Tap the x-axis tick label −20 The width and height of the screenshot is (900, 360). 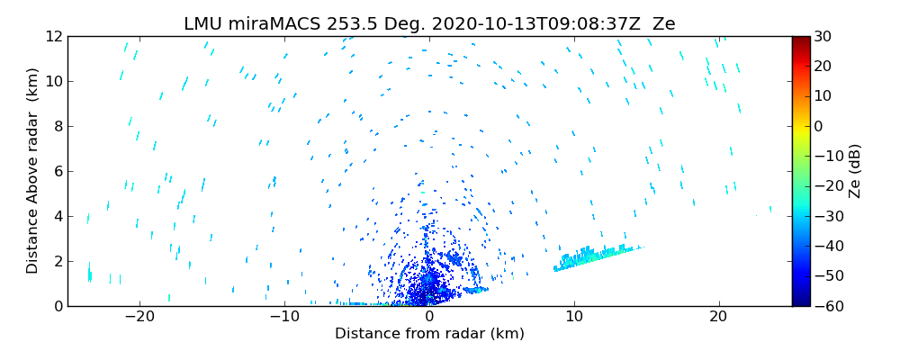[x=139, y=317]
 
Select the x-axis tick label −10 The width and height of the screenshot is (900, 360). [x=284, y=317]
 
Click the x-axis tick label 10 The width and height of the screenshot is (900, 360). [x=574, y=317]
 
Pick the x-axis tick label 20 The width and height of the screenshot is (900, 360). [x=718, y=317]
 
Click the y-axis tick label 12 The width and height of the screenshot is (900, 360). [x=53, y=36]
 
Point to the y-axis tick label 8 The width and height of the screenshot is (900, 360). [x=57, y=126]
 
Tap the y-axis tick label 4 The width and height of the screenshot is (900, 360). [x=57, y=216]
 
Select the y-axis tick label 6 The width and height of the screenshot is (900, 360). [x=57, y=171]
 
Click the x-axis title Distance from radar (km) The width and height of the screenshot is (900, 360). [x=429, y=334]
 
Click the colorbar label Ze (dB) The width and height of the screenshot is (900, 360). [x=855, y=171]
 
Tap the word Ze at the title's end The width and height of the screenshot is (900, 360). [x=664, y=24]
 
